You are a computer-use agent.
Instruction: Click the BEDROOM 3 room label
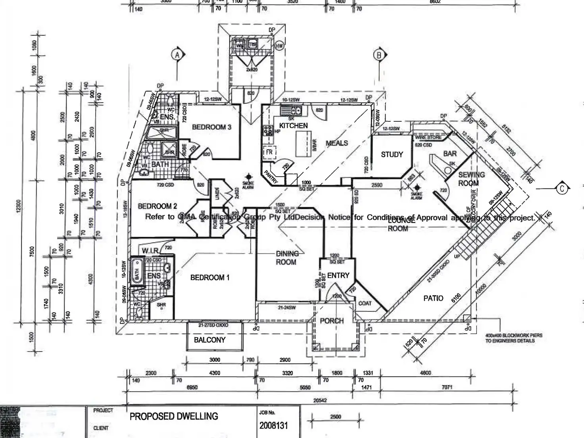[211, 127]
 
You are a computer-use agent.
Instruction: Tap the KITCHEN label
[293, 126]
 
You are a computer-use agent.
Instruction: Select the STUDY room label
[392, 155]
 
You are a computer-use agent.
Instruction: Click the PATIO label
[433, 298]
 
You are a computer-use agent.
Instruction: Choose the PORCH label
[332, 321]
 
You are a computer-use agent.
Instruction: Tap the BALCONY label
[209, 340]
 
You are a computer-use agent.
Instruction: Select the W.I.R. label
[150, 251]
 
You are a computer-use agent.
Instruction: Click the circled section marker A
[177, 54]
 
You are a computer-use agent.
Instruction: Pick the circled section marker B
[379, 55]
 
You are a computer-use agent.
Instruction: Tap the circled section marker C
[562, 189]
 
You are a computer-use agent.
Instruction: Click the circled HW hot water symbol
[280, 46]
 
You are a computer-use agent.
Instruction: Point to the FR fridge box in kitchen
[269, 152]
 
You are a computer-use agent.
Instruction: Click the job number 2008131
[273, 426]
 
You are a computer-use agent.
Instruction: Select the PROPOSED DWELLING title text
[174, 417]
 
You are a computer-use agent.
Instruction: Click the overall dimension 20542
[320, 400]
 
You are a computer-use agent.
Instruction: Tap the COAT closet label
[365, 304]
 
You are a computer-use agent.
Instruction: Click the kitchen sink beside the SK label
[292, 110]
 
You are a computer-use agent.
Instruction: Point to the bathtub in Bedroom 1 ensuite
[137, 271]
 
